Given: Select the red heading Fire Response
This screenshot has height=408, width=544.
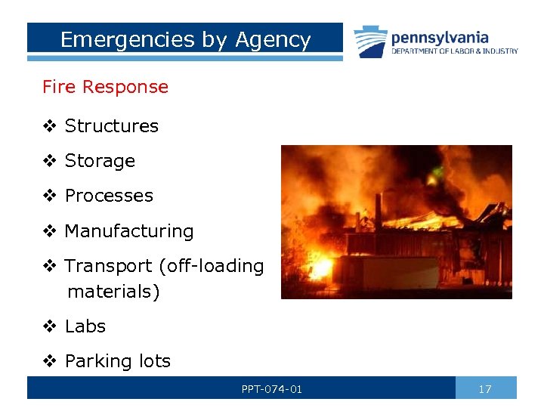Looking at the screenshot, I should tap(105, 87).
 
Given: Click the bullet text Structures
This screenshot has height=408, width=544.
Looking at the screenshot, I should tap(112, 126).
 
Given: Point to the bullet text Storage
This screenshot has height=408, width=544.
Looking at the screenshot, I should tap(100, 161).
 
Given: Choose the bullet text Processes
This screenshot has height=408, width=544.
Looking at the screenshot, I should tap(109, 196).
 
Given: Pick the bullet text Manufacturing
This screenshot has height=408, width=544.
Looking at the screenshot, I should tap(129, 231).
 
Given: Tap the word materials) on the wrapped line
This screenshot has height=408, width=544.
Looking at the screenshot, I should tap(113, 292).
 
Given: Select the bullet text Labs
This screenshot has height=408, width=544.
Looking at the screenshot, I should tap(85, 326).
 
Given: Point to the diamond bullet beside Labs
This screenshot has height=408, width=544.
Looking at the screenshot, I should tap(49, 326).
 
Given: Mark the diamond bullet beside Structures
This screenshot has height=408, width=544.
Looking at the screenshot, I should tap(49, 126).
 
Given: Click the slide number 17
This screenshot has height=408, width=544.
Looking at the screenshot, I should tap(485, 389).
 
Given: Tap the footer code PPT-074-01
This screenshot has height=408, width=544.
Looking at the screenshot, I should tap(272, 389).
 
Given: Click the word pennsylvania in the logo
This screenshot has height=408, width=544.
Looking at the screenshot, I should tap(440, 37).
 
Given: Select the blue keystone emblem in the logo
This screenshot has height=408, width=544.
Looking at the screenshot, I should tap(370, 42).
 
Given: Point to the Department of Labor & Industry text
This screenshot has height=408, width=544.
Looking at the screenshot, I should tap(454, 51).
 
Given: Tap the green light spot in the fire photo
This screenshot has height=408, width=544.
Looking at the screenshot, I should tap(437, 172).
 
